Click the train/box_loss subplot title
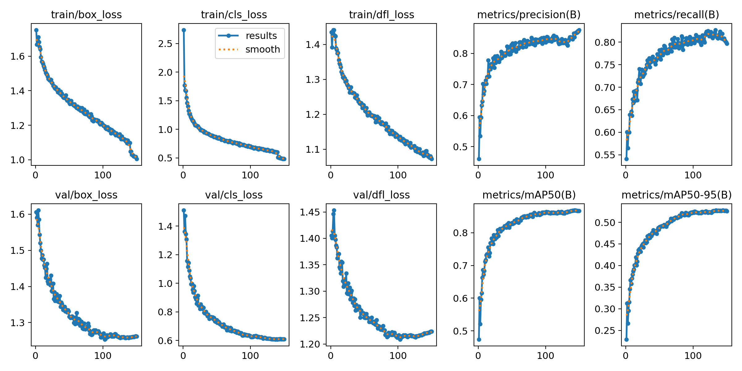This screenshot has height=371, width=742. tap(86, 15)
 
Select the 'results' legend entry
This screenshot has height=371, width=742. tap(261, 36)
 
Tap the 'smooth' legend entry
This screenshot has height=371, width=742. tap(262, 49)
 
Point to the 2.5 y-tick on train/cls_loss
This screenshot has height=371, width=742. tap(165, 44)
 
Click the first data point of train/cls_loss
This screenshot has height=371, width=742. tap(184, 30)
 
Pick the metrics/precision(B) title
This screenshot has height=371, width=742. tap(529, 15)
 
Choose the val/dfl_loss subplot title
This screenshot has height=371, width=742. tap(381, 195)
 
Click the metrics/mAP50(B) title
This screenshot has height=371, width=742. tap(529, 195)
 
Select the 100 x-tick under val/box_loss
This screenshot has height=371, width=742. tap(103, 356)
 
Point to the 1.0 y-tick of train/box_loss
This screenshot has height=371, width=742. tap(17, 160)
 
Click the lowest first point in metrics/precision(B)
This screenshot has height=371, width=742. tap(479, 159)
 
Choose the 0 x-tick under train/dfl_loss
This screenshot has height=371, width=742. tap(331, 175)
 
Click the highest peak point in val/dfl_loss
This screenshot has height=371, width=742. tap(334, 210)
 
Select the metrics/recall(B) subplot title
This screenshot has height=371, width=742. tap(676, 15)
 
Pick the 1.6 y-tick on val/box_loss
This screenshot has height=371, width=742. tap(17, 214)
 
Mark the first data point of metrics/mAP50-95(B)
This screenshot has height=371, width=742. tap(626, 339)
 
